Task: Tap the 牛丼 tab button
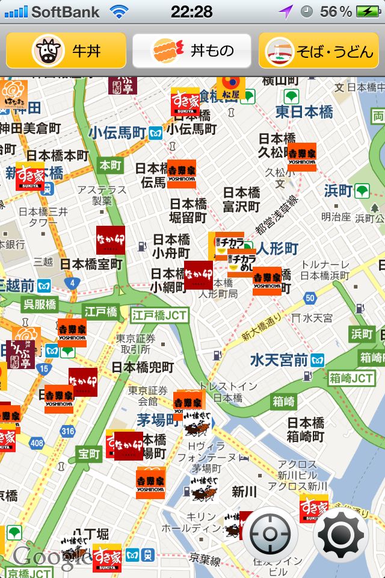(66, 51)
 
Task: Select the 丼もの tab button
(192, 51)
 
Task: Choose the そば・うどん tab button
(319, 51)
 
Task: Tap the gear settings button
(340, 534)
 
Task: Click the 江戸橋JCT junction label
(159, 314)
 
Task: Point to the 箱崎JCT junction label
(352, 379)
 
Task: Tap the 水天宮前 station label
(279, 360)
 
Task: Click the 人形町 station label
(277, 248)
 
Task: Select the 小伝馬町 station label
(118, 132)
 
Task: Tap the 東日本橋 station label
(304, 111)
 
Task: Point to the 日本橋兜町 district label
(143, 367)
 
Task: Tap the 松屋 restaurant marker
(230, 88)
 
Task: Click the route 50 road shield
(310, 297)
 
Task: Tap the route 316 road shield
(68, 431)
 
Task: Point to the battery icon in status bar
(368, 11)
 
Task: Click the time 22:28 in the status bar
(191, 11)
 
